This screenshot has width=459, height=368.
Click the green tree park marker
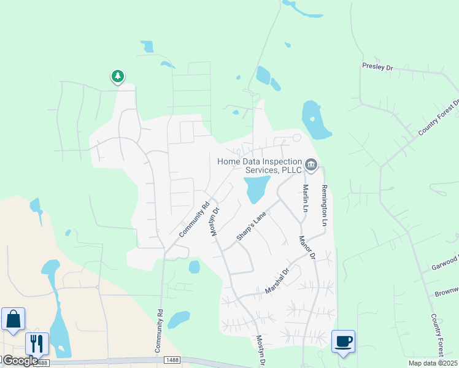tap(117, 77)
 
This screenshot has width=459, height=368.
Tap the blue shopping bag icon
tap(13, 319)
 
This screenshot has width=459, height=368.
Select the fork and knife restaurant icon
tap(37, 343)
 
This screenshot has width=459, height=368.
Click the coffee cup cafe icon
tap(343, 341)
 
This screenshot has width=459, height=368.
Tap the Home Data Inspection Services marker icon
tap(311, 164)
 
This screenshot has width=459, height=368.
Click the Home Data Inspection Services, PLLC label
tap(260, 166)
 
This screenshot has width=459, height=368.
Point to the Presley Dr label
tap(377, 67)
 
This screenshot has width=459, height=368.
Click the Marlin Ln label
tap(304, 197)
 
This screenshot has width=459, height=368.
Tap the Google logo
tap(20, 360)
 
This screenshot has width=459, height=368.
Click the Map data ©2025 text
tap(433, 363)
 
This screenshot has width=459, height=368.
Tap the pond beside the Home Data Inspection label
tap(256, 189)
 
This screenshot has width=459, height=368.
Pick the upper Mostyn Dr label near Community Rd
tap(215, 220)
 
